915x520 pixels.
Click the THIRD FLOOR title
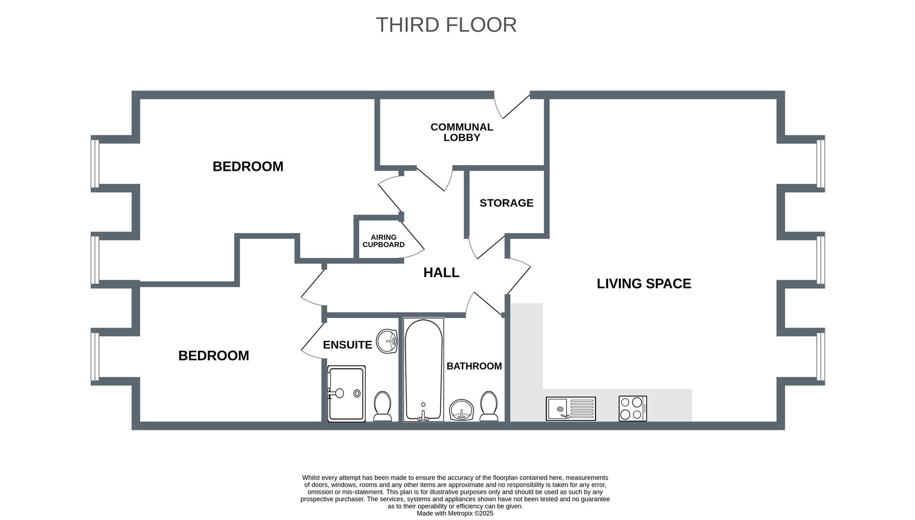click(x=446, y=25)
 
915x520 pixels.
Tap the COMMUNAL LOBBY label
click(x=462, y=132)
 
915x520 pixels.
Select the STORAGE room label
click(x=506, y=203)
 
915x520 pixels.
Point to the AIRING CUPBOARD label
click(x=384, y=241)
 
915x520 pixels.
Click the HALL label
click(x=441, y=273)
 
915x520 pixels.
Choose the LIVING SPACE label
click(x=644, y=284)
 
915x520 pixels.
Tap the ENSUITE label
click(x=347, y=345)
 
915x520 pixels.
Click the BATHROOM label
click(x=474, y=366)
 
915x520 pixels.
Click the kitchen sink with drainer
click(x=571, y=409)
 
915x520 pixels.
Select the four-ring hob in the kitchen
click(x=633, y=409)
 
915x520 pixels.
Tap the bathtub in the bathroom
click(x=424, y=370)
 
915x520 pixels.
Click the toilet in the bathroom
click(x=489, y=406)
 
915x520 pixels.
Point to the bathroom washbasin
click(x=462, y=410)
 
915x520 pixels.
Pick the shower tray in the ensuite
click(x=346, y=394)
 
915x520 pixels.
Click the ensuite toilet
click(x=383, y=406)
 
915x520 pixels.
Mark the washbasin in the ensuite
click(x=386, y=341)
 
